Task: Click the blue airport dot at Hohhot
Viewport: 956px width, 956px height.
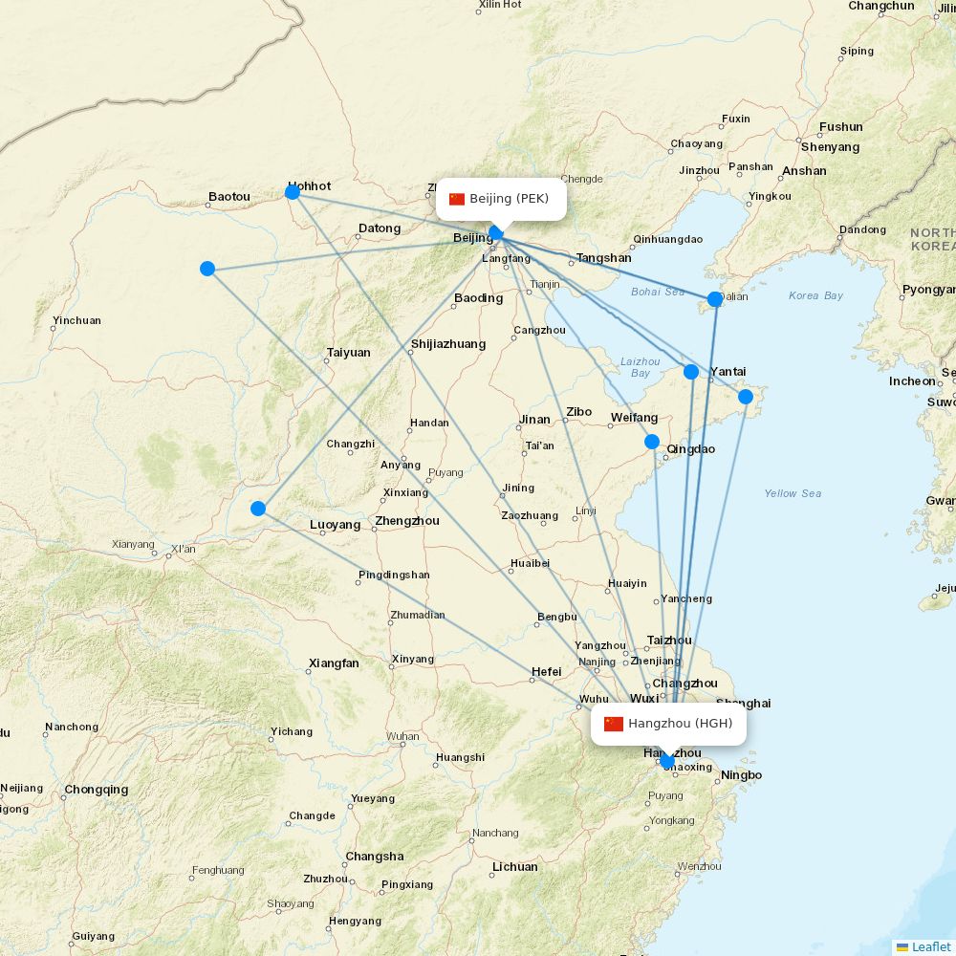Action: click(293, 192)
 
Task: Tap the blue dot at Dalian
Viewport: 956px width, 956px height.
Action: click(715, 299)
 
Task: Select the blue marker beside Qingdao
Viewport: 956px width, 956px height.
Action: click(652, 442)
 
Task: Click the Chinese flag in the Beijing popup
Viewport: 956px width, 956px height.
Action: click(457, 199)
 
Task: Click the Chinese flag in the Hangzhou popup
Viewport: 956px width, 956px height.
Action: click(614, 724)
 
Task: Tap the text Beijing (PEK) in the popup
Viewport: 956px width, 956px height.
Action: click(509, 199)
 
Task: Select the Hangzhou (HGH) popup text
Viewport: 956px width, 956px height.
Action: click(680, 724)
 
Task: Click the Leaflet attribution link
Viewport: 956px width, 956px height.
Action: click(930, 946)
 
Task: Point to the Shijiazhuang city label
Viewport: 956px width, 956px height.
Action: click(447, 344)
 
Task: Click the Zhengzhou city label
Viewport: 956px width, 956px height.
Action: click(407, 521)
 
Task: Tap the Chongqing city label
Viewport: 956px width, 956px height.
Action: click(96, 790)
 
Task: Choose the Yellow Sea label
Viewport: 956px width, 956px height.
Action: click(793, 493)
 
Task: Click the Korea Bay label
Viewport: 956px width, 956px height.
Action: click(815, 295)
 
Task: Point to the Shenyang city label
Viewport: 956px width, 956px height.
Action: click(830, 147)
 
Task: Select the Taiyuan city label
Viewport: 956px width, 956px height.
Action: click(348, 353)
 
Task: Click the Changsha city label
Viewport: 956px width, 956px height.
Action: click(375, 857)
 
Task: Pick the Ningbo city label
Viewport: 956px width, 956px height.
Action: click(741, 775)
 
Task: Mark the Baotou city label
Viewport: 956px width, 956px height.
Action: click(229, 197)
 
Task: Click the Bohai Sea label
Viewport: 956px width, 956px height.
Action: click(658, 292)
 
